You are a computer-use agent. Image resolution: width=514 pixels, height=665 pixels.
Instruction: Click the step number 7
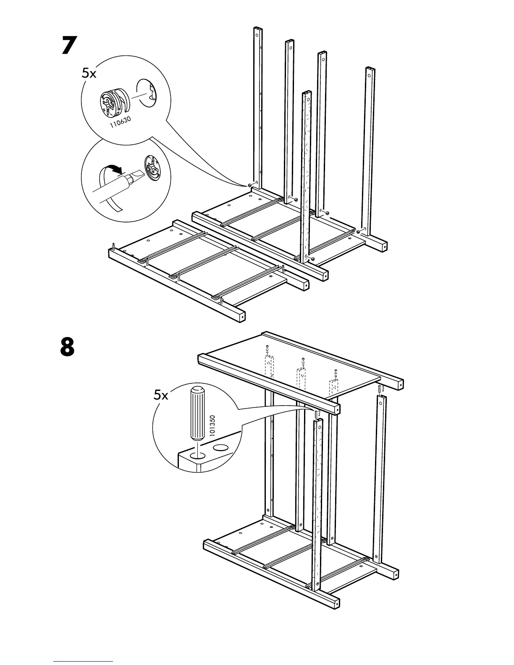[x=69, y=45]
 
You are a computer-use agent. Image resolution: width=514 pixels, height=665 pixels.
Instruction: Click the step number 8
[x=67, y=347]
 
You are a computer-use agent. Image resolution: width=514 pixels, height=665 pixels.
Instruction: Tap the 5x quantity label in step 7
[x=89, y=73]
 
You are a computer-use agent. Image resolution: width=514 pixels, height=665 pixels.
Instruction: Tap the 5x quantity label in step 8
[x=161, y=395]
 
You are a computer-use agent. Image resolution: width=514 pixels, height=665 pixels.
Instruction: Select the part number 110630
[x=120, y=123]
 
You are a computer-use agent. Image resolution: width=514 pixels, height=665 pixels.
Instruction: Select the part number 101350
[x=212, y=425]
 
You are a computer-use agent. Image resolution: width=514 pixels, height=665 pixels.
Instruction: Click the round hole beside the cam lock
[x=146, y=93]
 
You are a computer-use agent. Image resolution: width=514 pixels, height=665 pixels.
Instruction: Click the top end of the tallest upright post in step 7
[x=258, y=29]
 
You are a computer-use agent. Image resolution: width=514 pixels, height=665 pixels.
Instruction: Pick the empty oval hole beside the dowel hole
[x=221, y=448]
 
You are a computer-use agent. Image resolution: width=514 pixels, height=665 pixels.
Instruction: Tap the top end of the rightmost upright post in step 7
[x=370, y=69]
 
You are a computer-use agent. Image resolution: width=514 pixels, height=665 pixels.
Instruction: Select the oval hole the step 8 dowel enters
[x=198, y=456]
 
